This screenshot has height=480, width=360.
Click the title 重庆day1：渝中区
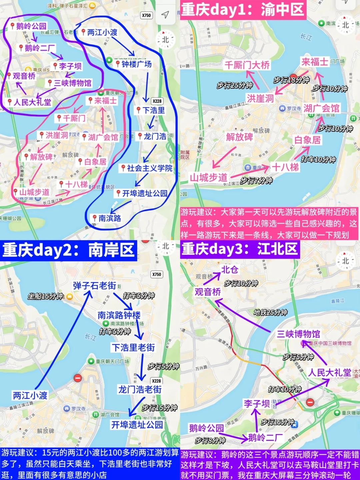click(243, 9)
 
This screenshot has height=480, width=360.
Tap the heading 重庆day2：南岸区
click(68, 250)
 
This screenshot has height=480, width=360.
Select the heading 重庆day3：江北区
click(240, 249)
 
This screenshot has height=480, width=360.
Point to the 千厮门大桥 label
click(247, 65)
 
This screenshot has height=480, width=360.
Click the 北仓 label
click(230, 269)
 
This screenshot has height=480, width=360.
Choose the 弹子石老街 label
click(95, 286)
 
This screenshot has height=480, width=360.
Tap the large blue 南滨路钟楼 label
click(119, 315)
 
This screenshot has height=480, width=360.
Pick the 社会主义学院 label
click(149, 168)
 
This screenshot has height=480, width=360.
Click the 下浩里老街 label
click(133, 348)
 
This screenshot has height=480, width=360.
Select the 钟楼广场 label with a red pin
click(136, 64)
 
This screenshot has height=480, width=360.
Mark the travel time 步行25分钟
click(234, 85)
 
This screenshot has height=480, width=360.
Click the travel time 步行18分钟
click(291, 80)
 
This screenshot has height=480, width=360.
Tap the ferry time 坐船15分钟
click(45, 296)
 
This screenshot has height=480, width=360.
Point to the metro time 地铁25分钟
click(270, 312)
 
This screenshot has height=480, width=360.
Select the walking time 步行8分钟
click(210, 440)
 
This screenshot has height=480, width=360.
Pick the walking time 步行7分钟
click(256, 180)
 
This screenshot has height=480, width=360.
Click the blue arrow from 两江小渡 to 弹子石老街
click(63, 340)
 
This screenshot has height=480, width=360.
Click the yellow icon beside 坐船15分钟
click(70, 296)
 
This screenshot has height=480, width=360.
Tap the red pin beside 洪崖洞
click(42, 135)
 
